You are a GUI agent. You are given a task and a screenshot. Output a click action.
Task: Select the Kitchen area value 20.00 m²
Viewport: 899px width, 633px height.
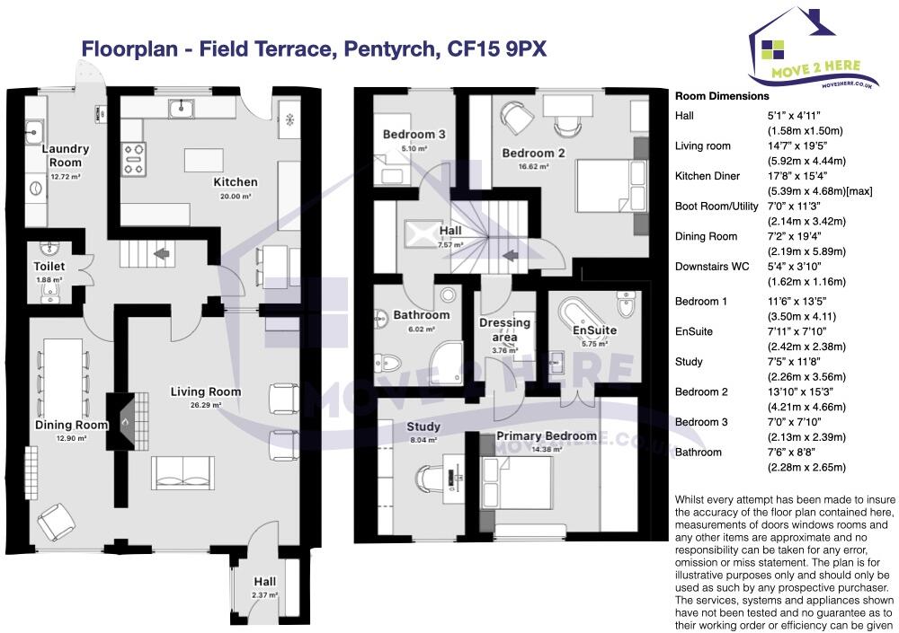(235, 196)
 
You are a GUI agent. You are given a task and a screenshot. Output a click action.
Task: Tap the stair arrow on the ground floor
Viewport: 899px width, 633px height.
(163, 254)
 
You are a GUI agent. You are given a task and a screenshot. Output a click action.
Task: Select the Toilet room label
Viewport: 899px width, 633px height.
(49, 267)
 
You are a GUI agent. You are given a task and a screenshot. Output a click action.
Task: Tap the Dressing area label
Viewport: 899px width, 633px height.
(504, 329)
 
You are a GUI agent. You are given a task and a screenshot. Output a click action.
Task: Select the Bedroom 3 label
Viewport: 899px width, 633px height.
(414, 135)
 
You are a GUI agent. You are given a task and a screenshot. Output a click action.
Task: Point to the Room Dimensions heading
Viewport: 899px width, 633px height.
(722, 96)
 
